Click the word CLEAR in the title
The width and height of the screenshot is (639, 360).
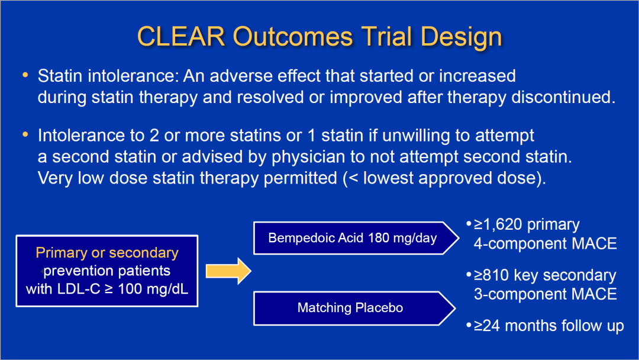click(181, 36)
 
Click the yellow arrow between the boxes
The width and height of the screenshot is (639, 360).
click(228, 271)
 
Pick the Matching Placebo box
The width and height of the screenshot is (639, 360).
click(354, 308)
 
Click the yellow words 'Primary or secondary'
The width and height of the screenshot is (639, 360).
click(106, 253)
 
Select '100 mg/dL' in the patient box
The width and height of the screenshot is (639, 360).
click(153, 289)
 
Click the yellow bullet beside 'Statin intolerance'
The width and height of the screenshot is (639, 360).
click(25, 75)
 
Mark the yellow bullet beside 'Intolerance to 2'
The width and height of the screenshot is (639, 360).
click(25, 134)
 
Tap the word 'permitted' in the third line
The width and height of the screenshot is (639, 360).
click(301, 179)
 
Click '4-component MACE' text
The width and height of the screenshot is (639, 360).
click(546, 244)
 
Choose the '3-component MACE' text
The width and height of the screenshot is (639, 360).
click(546, 294)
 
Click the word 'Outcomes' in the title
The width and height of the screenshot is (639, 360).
click(293, 36)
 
